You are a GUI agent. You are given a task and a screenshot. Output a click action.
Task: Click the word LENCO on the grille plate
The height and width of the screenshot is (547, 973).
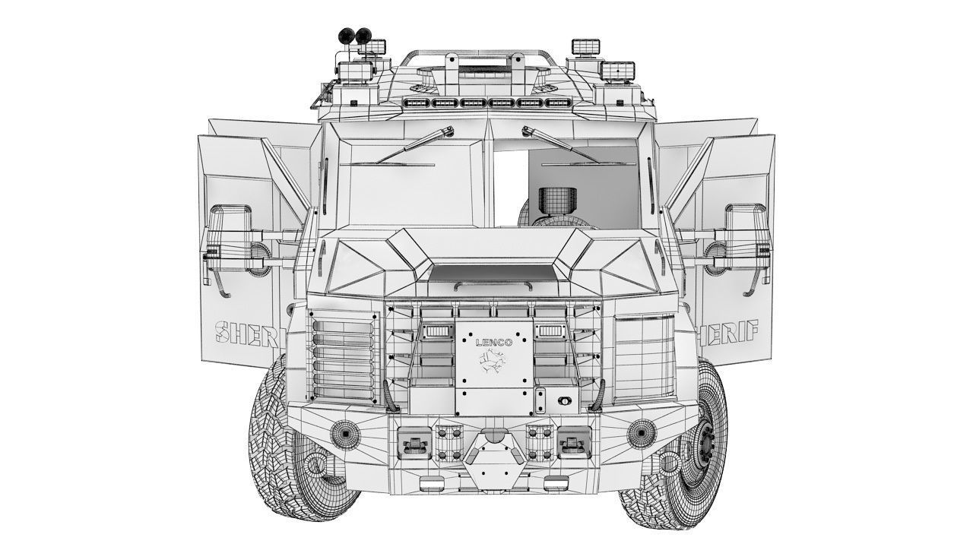(x=494, y=343)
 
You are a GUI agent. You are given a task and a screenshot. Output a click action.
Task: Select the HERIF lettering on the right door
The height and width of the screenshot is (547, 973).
(x=727, y=331)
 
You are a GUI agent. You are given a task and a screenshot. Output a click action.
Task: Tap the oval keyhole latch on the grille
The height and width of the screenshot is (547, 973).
(x=563, y=400)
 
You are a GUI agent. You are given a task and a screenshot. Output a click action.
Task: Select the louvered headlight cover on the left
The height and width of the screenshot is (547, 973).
(x=344, y=357)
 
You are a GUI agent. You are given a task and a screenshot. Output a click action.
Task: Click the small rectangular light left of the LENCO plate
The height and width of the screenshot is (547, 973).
(x=439, y=331)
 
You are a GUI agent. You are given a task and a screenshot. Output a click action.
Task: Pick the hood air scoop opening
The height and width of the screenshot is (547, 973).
(x=493, y=271)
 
